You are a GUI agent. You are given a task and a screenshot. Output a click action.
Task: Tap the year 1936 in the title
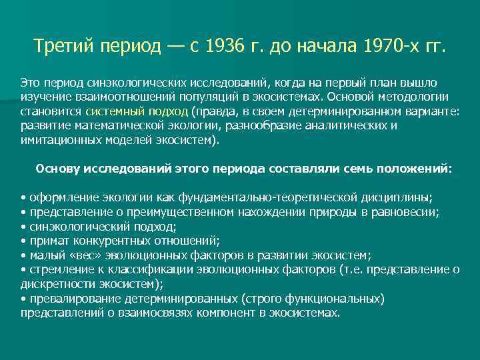tap(225, 48)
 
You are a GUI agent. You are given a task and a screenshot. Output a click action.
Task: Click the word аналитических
tap(339, 126)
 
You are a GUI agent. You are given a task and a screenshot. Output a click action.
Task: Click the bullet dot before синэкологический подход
tap(23, 227)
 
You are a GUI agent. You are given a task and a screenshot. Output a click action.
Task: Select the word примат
tap(46, 241)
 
